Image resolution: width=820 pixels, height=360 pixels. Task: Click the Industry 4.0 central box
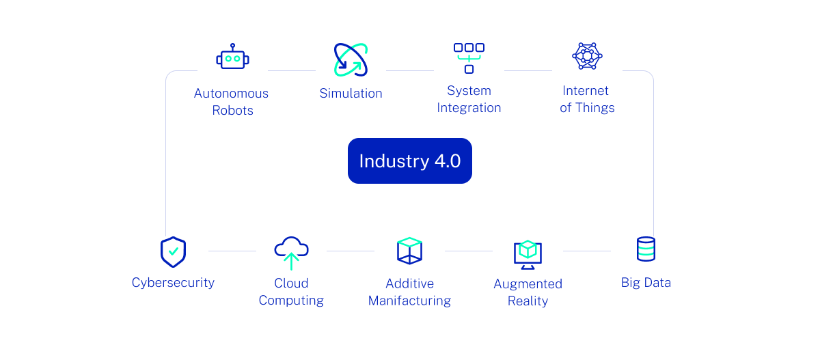point(409,161)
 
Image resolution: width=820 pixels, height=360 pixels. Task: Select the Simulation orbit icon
point(351,59)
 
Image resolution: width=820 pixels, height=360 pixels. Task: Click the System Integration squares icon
point(469,57)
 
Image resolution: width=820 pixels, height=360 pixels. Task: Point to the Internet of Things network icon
point(587,56)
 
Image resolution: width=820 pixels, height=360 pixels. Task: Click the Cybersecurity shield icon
point(173,252)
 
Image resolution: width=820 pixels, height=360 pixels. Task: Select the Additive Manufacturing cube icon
point(409,251)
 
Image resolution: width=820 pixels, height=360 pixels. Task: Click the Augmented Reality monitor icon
point(528,254)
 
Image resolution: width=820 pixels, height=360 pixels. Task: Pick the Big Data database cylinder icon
point(646,249)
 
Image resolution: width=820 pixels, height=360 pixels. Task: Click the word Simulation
point(351,94)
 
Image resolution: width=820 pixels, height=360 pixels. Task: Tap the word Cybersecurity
point(173,283)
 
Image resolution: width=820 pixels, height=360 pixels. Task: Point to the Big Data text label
point(646,283)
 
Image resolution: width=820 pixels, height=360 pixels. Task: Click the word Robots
point(232,111)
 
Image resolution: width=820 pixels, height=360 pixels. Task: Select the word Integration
point(469,108)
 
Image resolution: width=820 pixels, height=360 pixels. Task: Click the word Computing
point(291,301)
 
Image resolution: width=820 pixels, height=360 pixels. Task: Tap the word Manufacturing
point(409,301)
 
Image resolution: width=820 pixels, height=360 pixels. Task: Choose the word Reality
point(528,301)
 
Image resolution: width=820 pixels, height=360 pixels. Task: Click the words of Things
point(587,108)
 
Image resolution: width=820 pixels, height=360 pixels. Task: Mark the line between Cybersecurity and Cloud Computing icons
point(232,251)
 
